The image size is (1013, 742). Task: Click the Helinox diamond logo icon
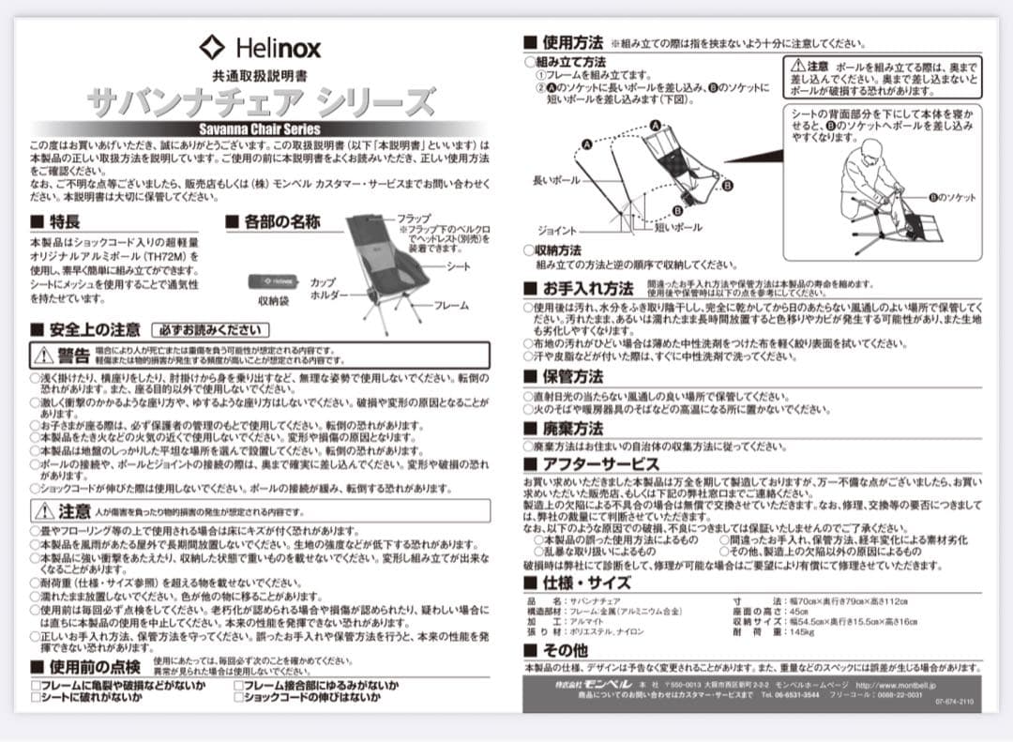click(212, 47)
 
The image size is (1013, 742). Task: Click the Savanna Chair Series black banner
click(260, 129)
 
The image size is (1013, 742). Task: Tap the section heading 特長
click(64, 222)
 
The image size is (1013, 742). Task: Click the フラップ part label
click(414, 218)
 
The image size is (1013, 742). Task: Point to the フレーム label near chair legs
click(450, 305)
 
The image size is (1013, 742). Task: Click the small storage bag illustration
click(273, 280)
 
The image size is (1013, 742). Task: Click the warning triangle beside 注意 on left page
click(44, 512)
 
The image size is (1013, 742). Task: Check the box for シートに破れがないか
click(35, 698)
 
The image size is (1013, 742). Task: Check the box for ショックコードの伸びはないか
click(238, 698)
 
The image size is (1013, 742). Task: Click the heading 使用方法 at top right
click(572, 42)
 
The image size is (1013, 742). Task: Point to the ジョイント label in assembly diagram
click(557, 230)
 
